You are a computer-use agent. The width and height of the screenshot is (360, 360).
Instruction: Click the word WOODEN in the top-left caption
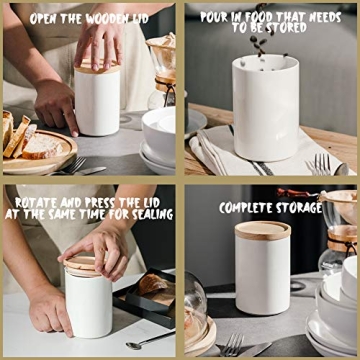113,18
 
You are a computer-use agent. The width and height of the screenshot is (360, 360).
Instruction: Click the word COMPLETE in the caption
248,208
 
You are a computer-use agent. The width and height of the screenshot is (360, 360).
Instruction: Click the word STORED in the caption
289,29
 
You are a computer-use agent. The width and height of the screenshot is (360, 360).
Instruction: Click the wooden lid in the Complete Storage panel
262,229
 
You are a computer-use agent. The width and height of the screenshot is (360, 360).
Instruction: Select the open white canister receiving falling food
265,110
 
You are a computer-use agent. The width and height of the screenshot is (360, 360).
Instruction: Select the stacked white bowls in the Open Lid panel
160,135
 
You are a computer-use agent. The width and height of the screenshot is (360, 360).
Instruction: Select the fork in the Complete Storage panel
232,345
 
